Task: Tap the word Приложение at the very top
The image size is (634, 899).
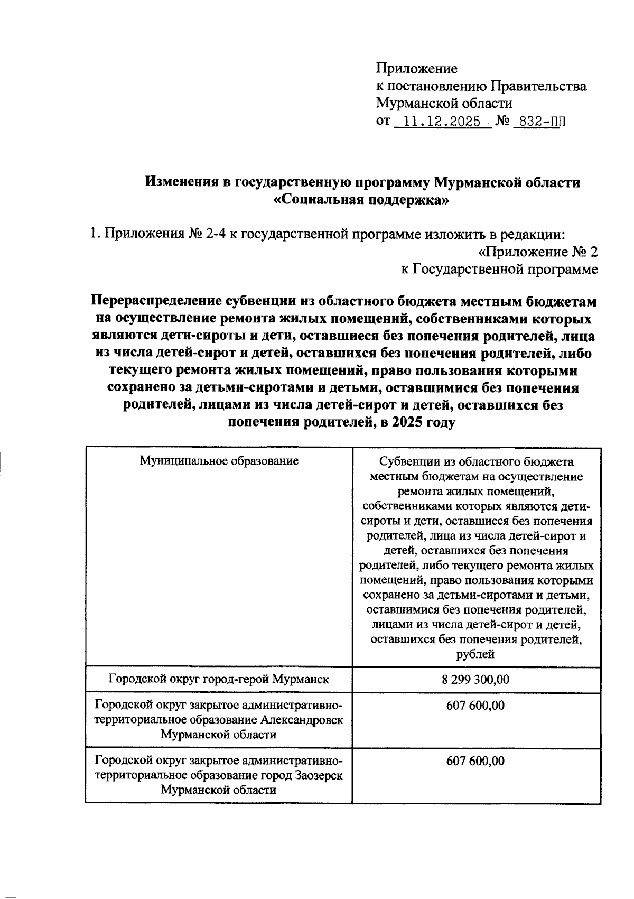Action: pyautogui.click(x=416, y=69)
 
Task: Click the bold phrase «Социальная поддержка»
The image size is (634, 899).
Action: pyautogui.click(x=362, y=200)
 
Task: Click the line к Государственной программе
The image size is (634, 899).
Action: pyautogui.click(x=499, y=270)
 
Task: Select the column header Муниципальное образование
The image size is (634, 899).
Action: pyautogui.click(x=219, y=460)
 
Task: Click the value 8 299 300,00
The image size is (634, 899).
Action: pyautogui.click(x=475, y=680)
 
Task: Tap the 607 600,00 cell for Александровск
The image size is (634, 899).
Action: pyautogui.click(x=475, y=705)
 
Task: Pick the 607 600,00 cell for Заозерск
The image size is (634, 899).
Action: pyautogui.click(x=475, y=761)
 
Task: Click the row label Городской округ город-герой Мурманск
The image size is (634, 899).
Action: pyautogui.click(x=219, y=680)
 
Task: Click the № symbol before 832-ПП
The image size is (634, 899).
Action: pyautogui.click(x=502, y=122)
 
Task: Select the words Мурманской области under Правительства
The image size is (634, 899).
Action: pyautogui.click(x=444, y=104)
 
